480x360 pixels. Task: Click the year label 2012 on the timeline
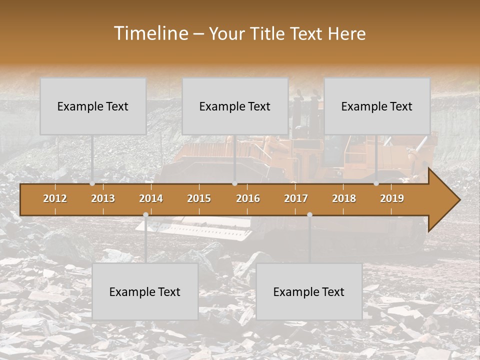[x=55, y=198]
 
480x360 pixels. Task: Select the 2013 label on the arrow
[x=103, y=198]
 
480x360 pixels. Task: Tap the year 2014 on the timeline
[x=151, y=198]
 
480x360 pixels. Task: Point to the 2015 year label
[x=199, y=198]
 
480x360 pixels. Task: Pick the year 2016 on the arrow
[x=248, y=198]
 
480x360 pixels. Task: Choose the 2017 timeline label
[x=296, y=198]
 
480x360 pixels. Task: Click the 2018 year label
[x=344, y=198]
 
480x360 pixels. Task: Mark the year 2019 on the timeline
[x=392, y=198]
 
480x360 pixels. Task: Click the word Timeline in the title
[x=150, y=33]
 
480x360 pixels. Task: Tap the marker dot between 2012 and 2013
[x=92, y=183]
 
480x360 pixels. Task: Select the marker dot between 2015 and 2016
[x=234, y=183]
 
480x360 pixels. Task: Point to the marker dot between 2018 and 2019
[x=376, y=183]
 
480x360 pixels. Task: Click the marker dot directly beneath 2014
[x=145, y=214]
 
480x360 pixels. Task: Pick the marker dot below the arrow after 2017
[x=309, y=214]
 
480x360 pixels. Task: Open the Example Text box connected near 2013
[x=93, y=106]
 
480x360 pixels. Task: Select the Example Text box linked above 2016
[x=235, y=106]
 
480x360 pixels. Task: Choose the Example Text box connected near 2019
[x=377, y=106]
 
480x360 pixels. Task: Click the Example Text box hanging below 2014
[x=145, y=292]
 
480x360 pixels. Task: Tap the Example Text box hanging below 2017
[x=309, y=292]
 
